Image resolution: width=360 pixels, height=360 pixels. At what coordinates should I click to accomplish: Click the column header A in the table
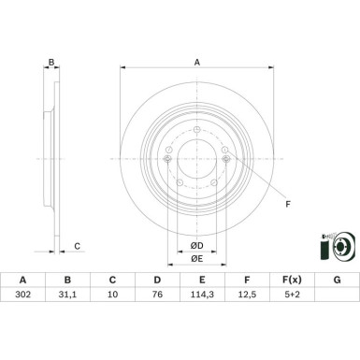22,304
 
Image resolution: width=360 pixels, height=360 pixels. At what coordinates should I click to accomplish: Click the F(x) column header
292,304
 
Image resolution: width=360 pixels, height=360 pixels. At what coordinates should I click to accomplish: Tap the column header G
337,304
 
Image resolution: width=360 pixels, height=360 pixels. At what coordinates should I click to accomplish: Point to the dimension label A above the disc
196,61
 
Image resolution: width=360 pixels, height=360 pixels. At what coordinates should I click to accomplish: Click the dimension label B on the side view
52,63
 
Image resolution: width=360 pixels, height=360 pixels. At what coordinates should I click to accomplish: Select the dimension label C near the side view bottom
78,247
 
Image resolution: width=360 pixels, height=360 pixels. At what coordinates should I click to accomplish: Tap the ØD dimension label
197,245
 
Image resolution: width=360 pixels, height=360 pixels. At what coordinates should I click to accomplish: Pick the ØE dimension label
197,259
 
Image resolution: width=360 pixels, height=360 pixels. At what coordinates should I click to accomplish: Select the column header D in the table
157,304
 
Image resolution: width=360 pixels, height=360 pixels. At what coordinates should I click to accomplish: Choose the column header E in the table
202,304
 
